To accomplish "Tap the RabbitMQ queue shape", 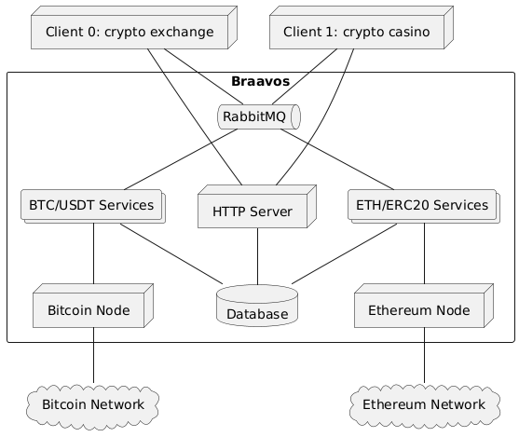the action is coord(259,116).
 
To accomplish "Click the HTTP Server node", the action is coord(257,207).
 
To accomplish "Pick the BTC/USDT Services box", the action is coord(93,206).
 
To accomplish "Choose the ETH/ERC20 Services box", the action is coord(424,206).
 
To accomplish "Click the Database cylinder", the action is coord(257,306).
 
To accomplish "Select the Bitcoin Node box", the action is coord(93,306).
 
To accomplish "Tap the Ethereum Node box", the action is coord(424,306).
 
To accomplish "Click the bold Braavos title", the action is coord(261,81).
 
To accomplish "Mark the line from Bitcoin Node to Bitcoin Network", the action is coord(94,355).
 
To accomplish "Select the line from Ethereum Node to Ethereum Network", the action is coord(425,355).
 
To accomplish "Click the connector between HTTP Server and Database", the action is coord(257,256).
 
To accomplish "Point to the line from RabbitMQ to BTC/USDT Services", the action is coord(181,159).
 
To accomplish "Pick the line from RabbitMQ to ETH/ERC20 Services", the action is coord(337,159).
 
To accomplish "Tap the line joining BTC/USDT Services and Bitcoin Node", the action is coord(94,253).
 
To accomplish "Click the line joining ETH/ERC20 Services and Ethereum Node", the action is coord(425,253).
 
